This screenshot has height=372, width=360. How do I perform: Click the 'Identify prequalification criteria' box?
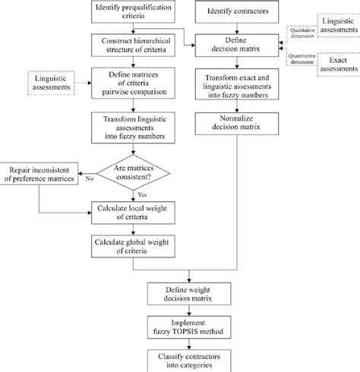(x=134, y=12)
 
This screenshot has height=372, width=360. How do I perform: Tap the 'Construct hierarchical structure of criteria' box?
(x=134, y=44)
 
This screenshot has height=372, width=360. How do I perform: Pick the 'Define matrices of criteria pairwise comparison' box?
(x=134, y=81)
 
